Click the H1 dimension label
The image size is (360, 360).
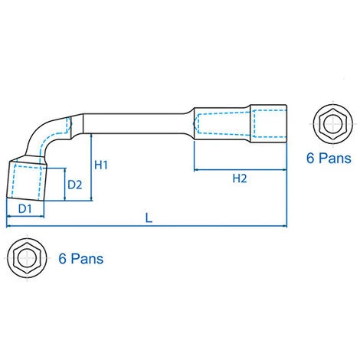[x=101, y=165]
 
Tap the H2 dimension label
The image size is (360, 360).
[x=240, y=178]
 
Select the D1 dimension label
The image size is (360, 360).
[x=25, y=209]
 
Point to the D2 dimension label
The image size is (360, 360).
[x=75, y=185]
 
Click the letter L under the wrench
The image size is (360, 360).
[x=149, y=218]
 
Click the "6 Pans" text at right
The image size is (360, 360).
[x=329, y=158]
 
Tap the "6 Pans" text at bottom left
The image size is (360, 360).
[x=81, y=259]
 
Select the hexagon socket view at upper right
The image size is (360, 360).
[x=333, y=124]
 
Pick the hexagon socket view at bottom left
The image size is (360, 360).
[x=27, y=258]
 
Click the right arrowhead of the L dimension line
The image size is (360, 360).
[x=285, y=226]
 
